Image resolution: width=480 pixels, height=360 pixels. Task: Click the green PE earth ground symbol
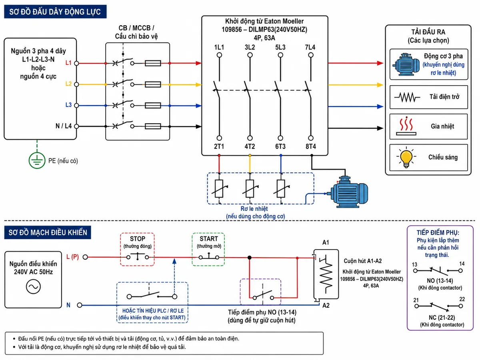pyautogui.click(x=37, y=160)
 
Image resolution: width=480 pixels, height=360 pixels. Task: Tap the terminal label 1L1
pyautogui.click(x=219, y=47)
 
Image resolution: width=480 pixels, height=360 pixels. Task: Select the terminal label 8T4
pyautogui.click(x=311, y=146)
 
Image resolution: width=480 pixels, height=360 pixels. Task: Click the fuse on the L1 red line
pyautogui.click(x=153, y=63)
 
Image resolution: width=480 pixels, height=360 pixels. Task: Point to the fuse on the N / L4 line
pyautogui.click(x=153, y=126)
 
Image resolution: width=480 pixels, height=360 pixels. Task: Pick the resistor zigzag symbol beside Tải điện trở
pyautogui.click(x=407, y=97)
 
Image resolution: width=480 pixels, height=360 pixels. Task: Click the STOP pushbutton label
pyautogui.click(x=137, y=239)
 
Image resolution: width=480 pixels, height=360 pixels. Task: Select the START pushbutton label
pyautogui.click(x=209, y=239)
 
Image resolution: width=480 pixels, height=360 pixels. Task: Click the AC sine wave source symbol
pyautogui.click(x=33, y=286)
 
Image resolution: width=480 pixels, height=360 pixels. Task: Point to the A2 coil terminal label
pyautogui.click(x=326, y=305)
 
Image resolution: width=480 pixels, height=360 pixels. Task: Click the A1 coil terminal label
pyautogui.click(x=326, y=242)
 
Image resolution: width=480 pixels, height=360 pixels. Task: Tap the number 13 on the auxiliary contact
pyautogui.click(x=414, y=264)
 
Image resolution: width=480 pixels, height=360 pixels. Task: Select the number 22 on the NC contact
pyautogui.click(x=462, y=299)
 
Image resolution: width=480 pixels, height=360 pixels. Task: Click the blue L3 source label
pyautogui.click(x=68, y=105)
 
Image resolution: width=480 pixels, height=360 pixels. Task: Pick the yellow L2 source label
pyautogui.click(x=68, y=84)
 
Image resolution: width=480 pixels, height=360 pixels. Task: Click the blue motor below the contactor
pyautogui.click(x=349, y=192)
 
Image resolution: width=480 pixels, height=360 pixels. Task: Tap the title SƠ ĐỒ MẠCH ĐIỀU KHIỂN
pyautogui.click(x=48, y=232)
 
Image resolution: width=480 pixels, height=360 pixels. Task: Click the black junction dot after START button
pyautogui.click(x=249, y=258)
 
